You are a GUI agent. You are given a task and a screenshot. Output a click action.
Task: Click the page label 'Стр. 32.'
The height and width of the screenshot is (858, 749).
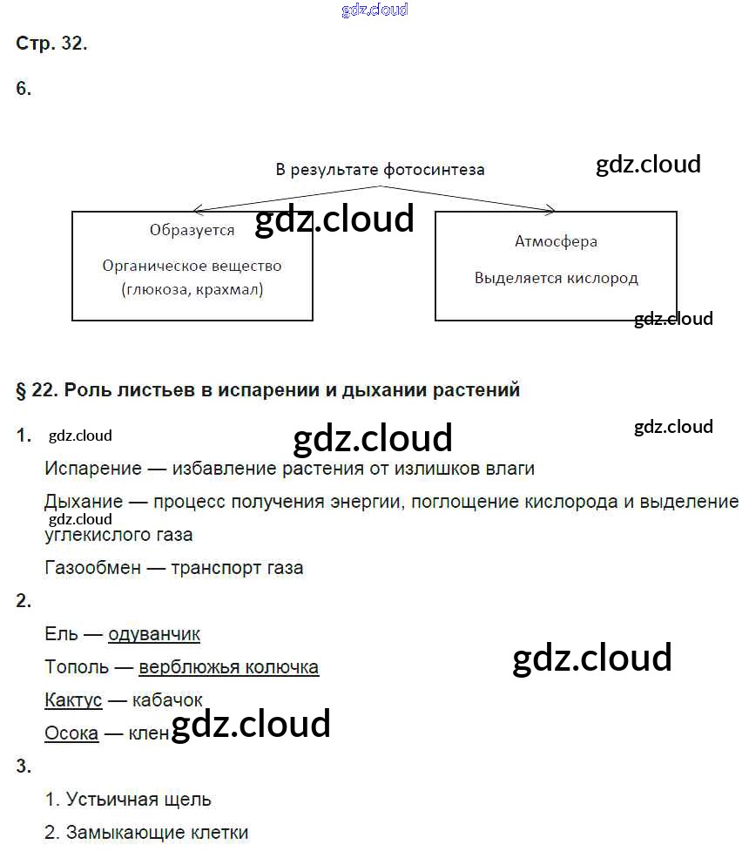pos(51,44)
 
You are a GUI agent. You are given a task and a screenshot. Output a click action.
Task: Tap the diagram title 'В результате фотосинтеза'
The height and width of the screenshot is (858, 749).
pos(380,170)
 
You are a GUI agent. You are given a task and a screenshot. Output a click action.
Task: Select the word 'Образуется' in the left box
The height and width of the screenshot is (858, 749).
pos(192,231)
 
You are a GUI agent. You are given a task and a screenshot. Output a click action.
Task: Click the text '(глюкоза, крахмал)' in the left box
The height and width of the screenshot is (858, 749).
pos(192,289)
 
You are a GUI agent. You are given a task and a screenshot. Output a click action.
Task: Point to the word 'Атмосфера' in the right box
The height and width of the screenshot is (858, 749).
pos(556,242)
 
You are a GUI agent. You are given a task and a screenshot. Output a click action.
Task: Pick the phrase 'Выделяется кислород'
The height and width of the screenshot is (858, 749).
pos(556,279)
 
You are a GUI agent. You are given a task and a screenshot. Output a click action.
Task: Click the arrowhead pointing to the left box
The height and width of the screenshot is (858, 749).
pos(197,210)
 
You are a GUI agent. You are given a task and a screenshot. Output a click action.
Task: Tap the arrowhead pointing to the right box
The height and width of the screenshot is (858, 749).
pos(550,210)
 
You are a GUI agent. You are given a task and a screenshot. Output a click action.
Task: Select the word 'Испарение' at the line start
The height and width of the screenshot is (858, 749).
pos(93,469)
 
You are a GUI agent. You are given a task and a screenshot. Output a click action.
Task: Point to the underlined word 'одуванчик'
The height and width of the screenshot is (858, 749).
pos(154,634)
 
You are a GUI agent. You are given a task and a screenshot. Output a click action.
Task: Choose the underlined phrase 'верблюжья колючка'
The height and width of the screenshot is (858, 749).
pos(228,667)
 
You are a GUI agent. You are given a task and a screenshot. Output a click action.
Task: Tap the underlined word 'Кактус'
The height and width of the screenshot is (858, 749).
pos(73,700)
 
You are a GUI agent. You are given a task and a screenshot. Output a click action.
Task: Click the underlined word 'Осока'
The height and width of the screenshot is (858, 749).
pos(71,733)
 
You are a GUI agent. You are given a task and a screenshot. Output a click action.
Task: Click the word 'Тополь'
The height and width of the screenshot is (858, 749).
pos(77,667)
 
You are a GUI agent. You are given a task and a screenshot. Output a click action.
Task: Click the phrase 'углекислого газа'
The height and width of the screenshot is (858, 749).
pos(118,535)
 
